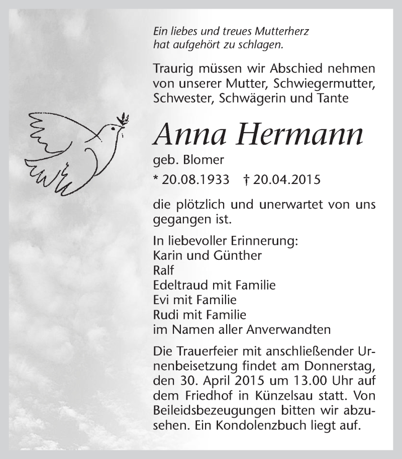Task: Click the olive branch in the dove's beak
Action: [122, 120]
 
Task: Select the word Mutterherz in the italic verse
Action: [284, 31]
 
